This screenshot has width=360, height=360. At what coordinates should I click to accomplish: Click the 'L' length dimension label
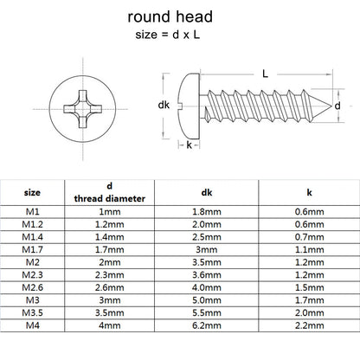263,74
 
